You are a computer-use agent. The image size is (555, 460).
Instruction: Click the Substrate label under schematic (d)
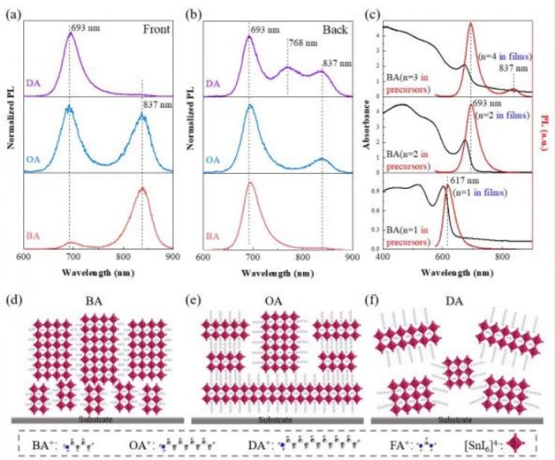96,419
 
